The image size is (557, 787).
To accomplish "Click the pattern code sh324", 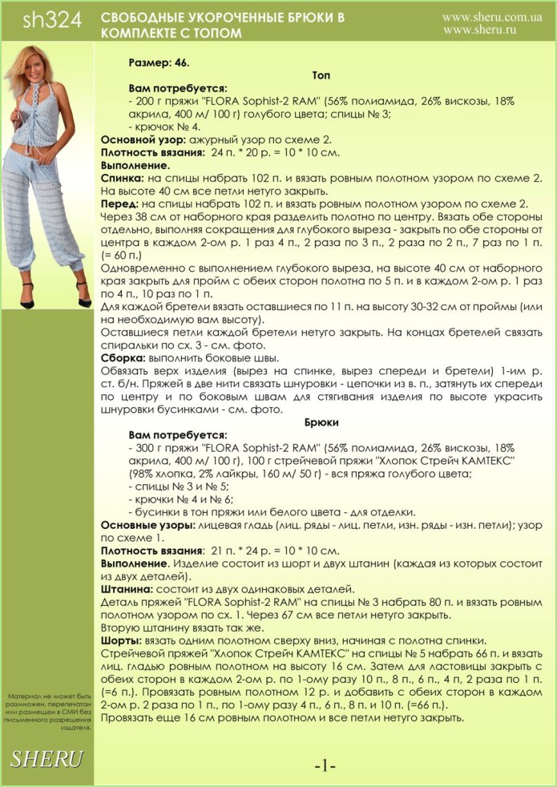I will (53, 22).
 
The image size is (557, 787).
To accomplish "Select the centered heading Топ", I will (321, 75).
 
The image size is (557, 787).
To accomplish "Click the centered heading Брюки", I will (321, 422).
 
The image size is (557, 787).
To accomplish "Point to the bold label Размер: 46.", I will (159, 62).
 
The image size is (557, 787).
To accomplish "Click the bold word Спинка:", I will (123, 178).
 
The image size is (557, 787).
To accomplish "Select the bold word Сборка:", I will (123, 357).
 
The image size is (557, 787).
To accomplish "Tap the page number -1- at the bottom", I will (325, 766).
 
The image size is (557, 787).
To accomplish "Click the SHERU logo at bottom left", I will (46, 758).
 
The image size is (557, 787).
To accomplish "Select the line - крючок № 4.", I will (164, 127).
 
